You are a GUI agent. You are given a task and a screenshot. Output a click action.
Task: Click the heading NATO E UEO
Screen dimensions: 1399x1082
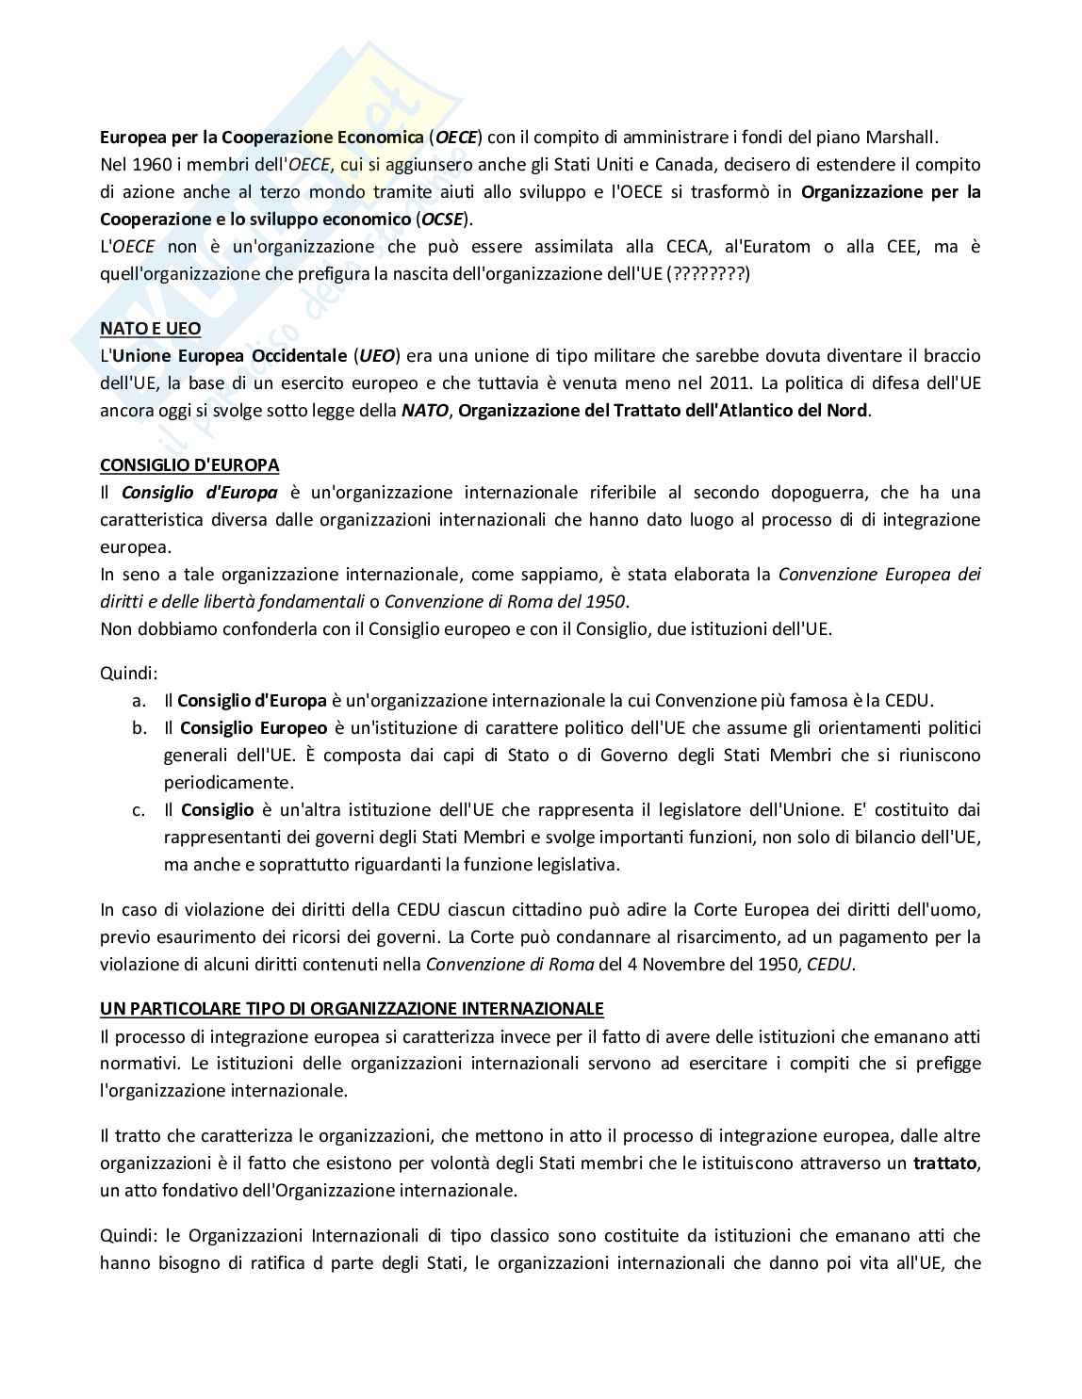[x=150, y=329]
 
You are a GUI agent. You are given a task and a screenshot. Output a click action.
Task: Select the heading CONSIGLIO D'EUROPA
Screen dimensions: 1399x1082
[x=189, y=465]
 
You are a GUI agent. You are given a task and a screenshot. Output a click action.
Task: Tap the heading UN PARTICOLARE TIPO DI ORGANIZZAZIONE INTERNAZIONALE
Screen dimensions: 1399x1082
[x=352, y=1009]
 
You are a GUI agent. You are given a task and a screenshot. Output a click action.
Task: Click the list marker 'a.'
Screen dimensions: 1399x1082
[x=139, y=701]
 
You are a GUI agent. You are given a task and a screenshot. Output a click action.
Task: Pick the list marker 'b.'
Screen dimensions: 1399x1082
[x=139, y=728]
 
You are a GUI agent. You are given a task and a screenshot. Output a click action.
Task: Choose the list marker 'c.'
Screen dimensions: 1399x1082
[x=139, y=809]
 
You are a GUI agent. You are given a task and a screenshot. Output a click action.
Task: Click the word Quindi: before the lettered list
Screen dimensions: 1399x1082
[x=129, y=674]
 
